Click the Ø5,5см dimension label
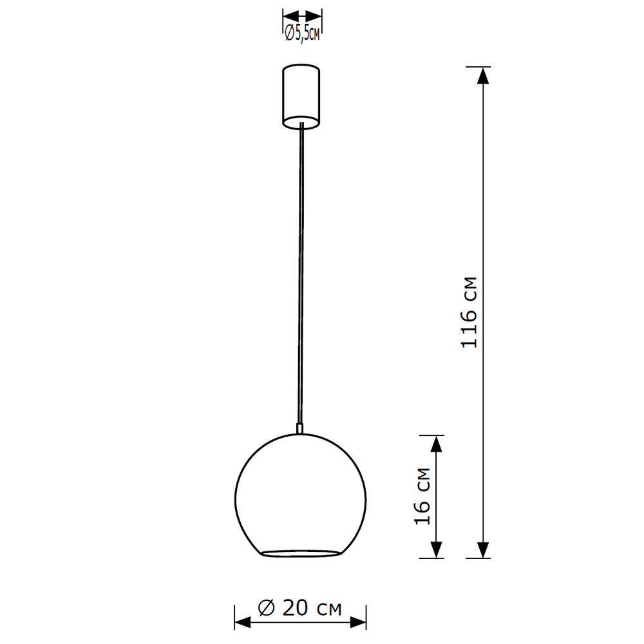coord(302,33)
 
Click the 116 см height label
coord(470,313)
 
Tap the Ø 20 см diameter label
coord(299,607)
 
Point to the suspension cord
coord(300,270)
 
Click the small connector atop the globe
coord(299,428)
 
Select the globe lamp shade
coord(300,489)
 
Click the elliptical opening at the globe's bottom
coord(300,553)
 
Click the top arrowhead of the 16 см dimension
coord(437,443)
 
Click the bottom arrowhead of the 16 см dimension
coord(437,550)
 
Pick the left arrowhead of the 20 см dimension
coord(242,623)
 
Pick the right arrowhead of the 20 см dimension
coord(359,623)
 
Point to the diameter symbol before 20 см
coord(266,607)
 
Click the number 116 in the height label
coord(470,329)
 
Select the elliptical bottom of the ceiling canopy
coord(301,122)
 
